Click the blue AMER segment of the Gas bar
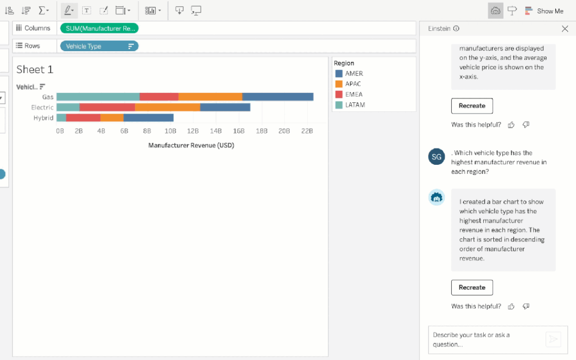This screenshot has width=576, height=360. [x=277, y=97]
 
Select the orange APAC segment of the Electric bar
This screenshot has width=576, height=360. [x=167, y=107]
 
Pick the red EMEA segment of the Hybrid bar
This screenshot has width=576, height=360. [x=83, y=118]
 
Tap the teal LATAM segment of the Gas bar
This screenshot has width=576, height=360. [x=98, y=97]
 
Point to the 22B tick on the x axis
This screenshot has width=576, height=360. [x=307, y=131]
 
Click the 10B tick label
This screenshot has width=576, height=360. [x=169, y=131]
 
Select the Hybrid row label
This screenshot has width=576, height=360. [x=43, y=118]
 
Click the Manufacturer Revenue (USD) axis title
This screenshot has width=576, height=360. [x=191, y=145]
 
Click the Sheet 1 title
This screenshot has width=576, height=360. [x=35, y=70]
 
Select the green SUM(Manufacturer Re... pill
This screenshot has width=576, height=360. [x=99, y=28]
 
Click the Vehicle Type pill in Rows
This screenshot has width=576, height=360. [x=99, y=46]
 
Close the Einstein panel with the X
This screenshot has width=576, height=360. [x=565, y=29]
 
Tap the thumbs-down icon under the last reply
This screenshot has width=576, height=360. [x=526, y=307]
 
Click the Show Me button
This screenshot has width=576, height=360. [x=544, y=11]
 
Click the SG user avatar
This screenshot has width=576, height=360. [x=436, y=156]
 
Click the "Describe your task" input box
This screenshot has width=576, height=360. [x=484, y=339]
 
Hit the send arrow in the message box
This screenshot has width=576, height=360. [x=553, y=339]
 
